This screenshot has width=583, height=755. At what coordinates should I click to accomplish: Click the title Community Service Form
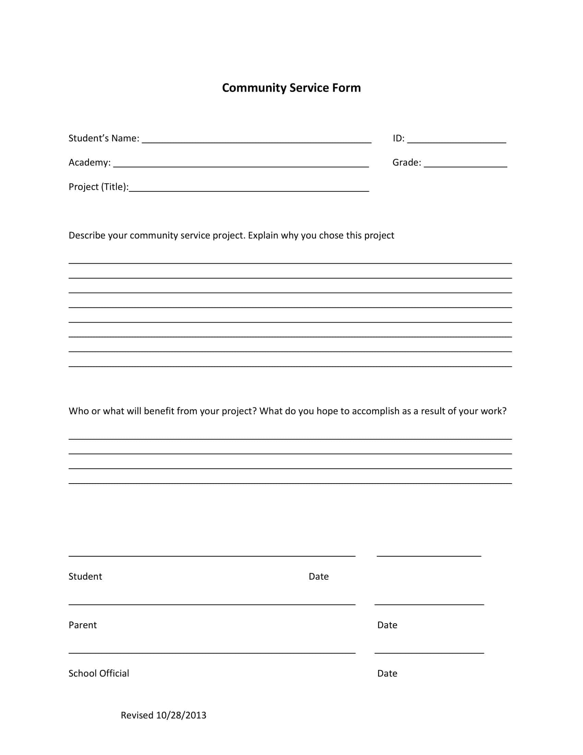(x=291, y=88)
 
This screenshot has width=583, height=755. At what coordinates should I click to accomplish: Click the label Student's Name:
(x=104, y=138)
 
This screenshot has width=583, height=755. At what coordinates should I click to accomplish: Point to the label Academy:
(x=90, y=162)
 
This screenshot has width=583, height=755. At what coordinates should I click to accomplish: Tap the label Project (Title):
(x=98, y=187)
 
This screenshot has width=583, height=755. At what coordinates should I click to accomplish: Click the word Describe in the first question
(x=87, y=235)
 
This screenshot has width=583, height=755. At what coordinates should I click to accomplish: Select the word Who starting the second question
(x=79, y=411)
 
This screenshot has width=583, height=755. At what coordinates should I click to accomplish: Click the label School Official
(x=99, y=673)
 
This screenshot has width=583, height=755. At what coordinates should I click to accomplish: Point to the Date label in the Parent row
(x=387, y=625)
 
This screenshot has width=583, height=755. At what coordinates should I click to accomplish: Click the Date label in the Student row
(x=319, y=577)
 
